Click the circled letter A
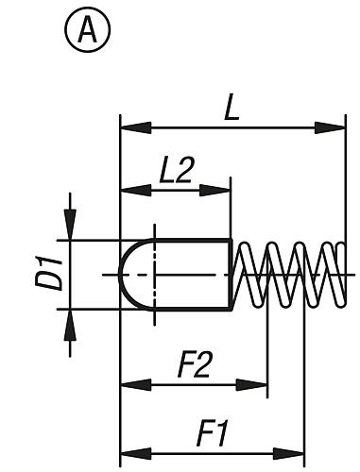[x=88, y=32]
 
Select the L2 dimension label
[x=177, y=170]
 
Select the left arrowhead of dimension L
[x=129, y=126]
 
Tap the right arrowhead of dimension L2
[x=222, y=192]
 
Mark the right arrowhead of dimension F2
[x=260, y=384]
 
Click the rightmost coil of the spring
[x=335, y=275]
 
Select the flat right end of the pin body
[x=231, y=275]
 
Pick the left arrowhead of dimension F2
[x=129, y=384]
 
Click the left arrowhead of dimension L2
[x=129, y=192]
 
